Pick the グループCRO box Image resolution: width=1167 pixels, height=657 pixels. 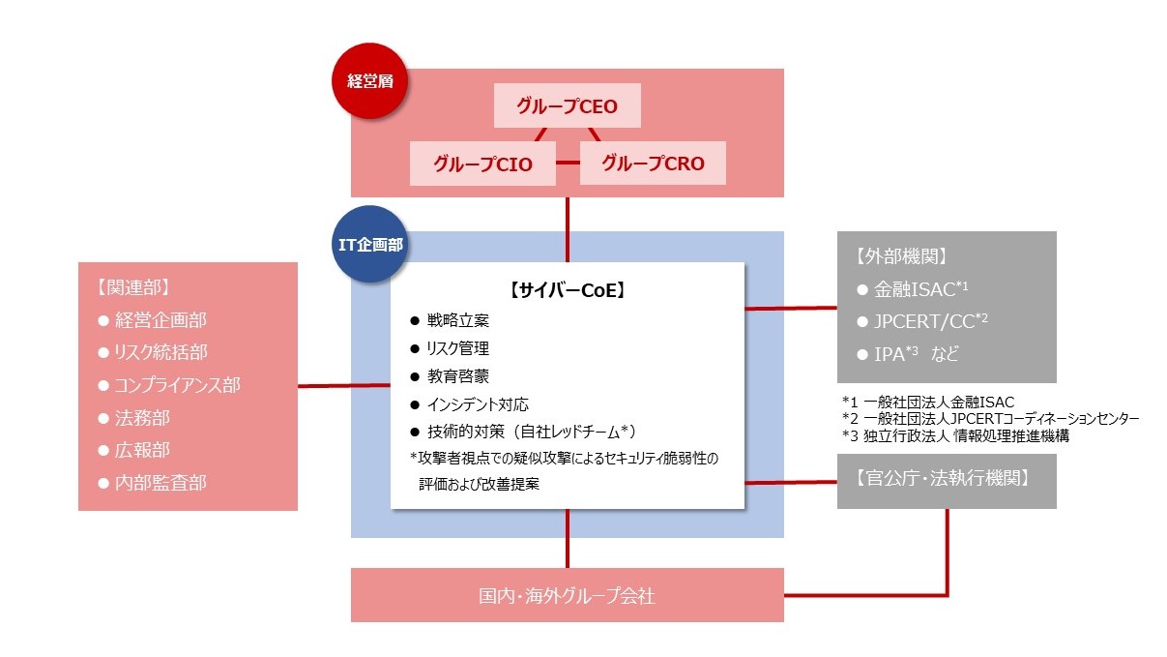click(x=653, y=164)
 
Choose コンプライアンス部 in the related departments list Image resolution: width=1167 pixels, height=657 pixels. click(x=177, y=384)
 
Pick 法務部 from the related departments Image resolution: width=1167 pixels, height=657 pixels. click(x=144, y=418)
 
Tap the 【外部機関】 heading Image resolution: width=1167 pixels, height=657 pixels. click(x=895, y=256)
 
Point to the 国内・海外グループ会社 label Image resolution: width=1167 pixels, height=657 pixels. click(x=567, y=595)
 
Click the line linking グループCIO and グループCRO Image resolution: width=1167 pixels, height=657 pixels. click(x=569, y=164)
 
